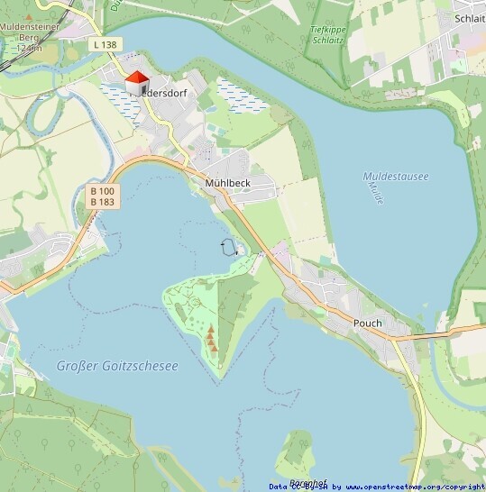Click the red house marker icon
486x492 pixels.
tap(137, 83)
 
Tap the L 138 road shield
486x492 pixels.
tap(105, 44)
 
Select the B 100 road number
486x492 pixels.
tap(102, 191)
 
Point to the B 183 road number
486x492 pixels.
tap(102, 202)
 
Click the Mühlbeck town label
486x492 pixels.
tap(226, 182)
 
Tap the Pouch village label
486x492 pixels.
tap(367, 323)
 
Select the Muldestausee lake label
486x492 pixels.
tap(395, 177)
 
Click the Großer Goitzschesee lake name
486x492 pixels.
tap(117, 366)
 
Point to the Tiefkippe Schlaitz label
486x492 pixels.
tap(327, 35)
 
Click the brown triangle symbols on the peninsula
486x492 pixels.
tap(212, 339)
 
